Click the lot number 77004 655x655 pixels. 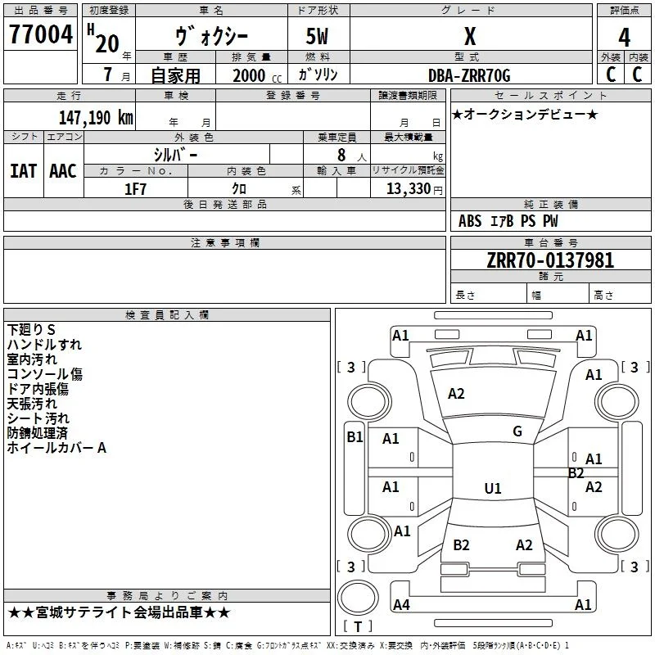[41, 34]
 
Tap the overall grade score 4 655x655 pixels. [624, 38]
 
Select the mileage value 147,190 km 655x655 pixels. [96, 118]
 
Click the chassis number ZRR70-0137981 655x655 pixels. [550, 260]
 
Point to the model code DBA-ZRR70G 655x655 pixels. [469, 75]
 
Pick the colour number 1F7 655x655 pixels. [135, 189]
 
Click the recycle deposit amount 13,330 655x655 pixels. [409, 189]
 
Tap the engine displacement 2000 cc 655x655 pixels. [257, 75]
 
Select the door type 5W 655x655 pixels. [317, 36]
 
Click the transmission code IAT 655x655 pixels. [23, 171]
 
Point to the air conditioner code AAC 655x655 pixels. [63, 171]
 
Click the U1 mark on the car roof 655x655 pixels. [493, 488]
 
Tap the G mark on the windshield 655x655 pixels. [517, 431]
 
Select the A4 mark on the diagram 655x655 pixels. [401, 604]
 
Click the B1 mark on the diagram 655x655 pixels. [355, 437]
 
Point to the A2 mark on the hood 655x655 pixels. [456, 394]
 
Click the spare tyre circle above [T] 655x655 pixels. [358, 598]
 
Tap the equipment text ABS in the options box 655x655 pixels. [470, 221]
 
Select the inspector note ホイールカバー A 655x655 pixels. [56, 448]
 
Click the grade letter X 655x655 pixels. [470, 37]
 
